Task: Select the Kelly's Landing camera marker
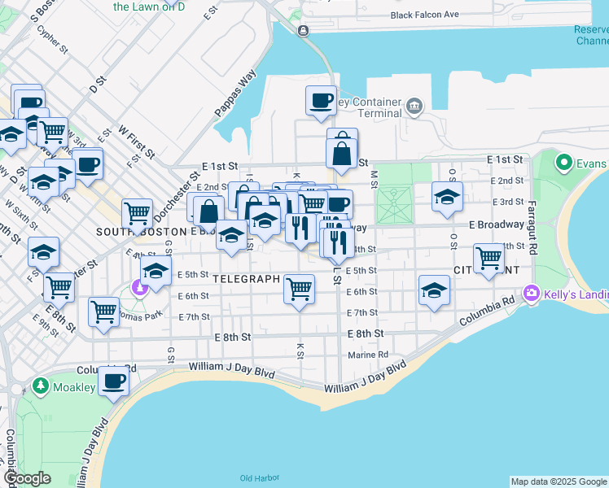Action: (x=532, y=292)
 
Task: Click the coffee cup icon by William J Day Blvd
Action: (x=113, y=380)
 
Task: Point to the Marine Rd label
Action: (x=368, y=355)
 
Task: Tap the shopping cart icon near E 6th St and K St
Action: (x=300, y=287)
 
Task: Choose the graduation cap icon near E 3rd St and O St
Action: (x=446, y=197)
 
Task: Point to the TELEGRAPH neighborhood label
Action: (x=246, y=278)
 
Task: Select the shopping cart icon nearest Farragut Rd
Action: (x=489, y=258)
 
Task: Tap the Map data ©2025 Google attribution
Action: (x=559, y=481)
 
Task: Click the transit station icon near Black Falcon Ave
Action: (x=303, y=31)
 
